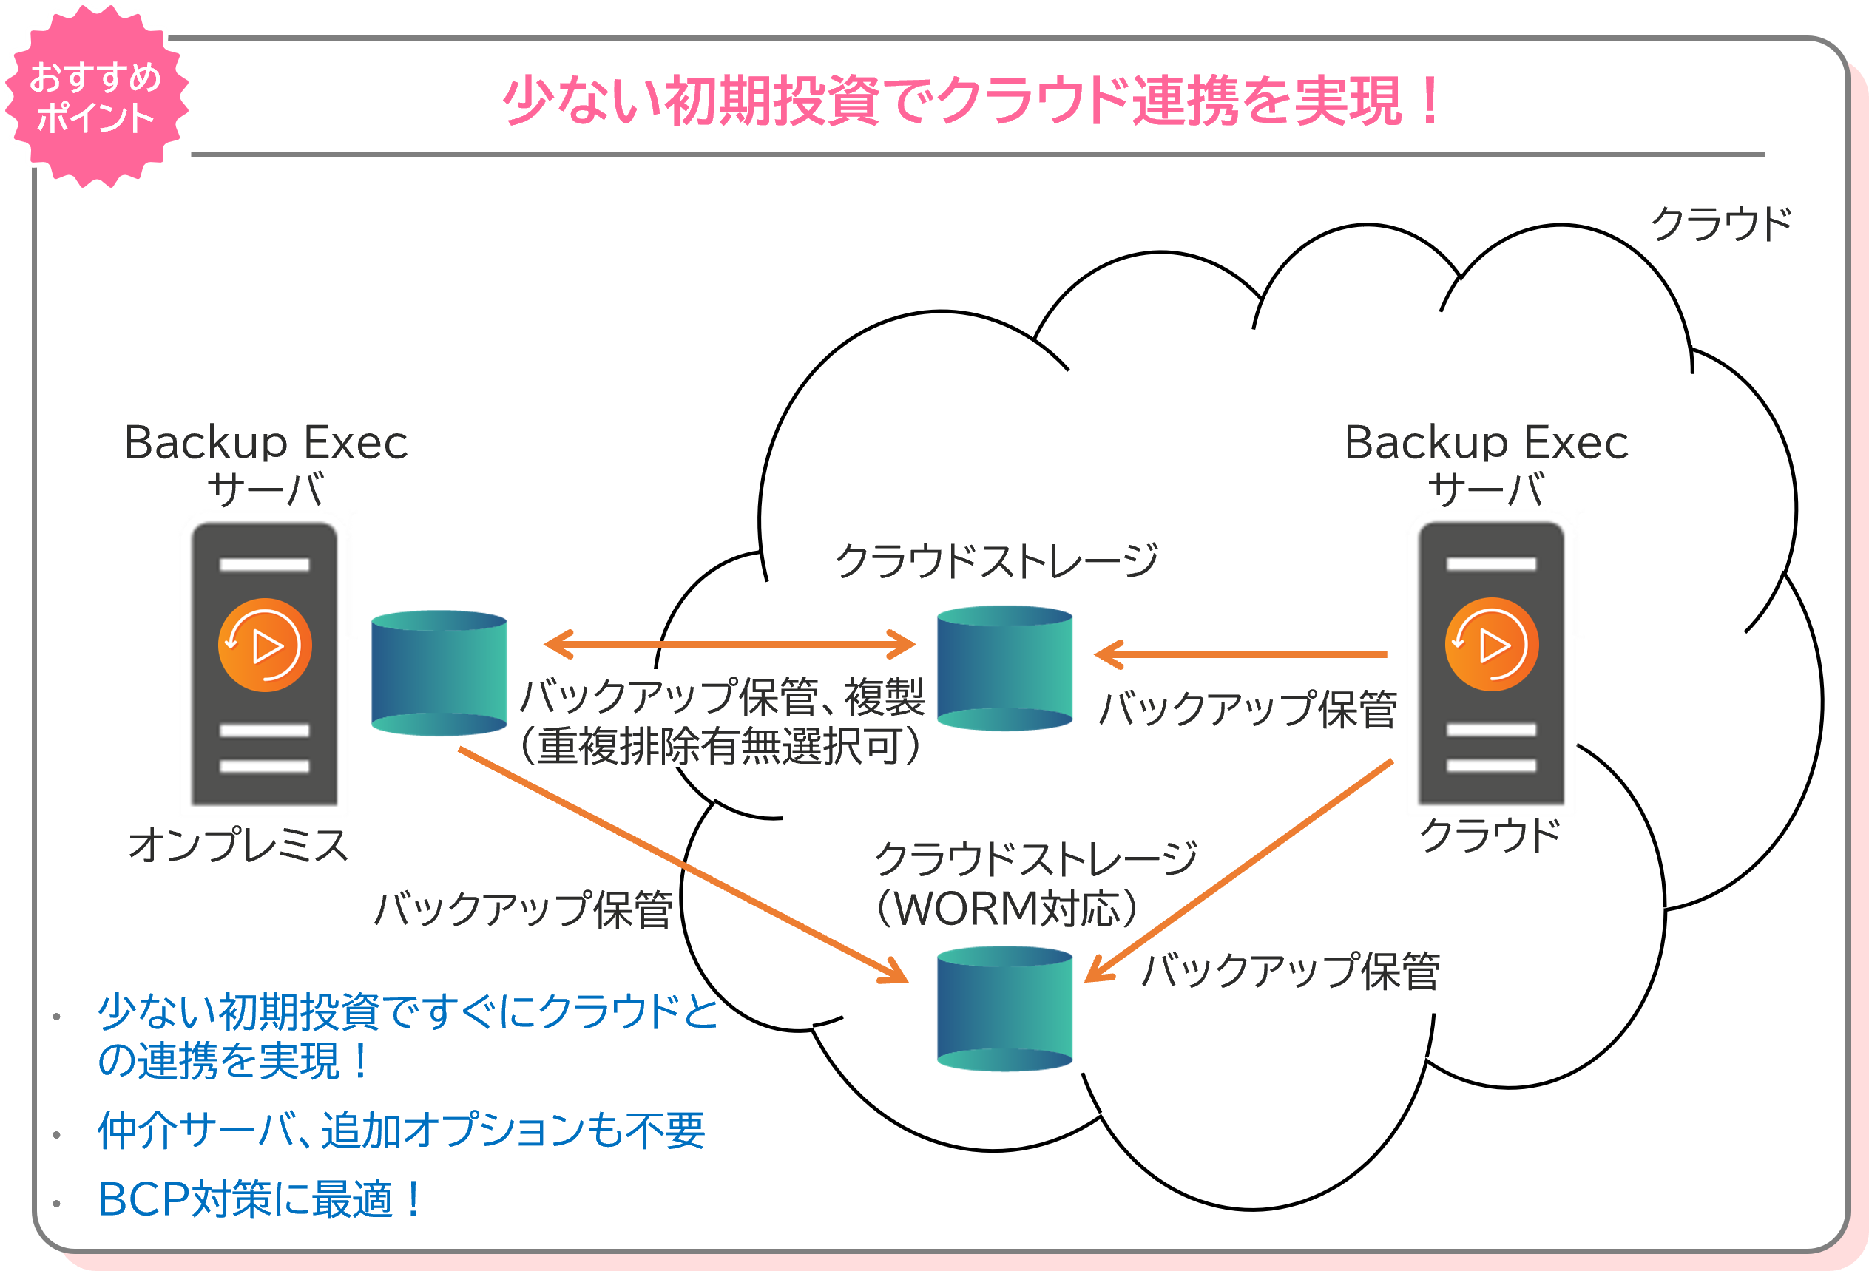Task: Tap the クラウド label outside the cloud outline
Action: tap(1720, 223)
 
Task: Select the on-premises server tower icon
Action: tap(264, 663)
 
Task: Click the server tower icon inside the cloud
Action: tap(1491, 663)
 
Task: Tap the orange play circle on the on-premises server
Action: tap(265, 645)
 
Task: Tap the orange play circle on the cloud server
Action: tap(1492, 645)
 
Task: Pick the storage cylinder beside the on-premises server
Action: tap(439, 673)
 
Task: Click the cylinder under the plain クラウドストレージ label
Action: tap(1004, 668)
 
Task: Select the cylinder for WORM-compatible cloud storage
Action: tap(1004, 1009)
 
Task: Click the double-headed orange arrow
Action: tap(729, 644)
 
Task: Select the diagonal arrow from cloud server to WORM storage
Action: tap(1239, 871)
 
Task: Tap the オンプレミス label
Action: tap(238, 845)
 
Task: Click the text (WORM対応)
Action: tap(1006, 909)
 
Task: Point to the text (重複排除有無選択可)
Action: tap(720, 745)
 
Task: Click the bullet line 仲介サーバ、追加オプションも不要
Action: tap(401, 1131)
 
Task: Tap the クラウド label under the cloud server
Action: tap(1490, 836)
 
